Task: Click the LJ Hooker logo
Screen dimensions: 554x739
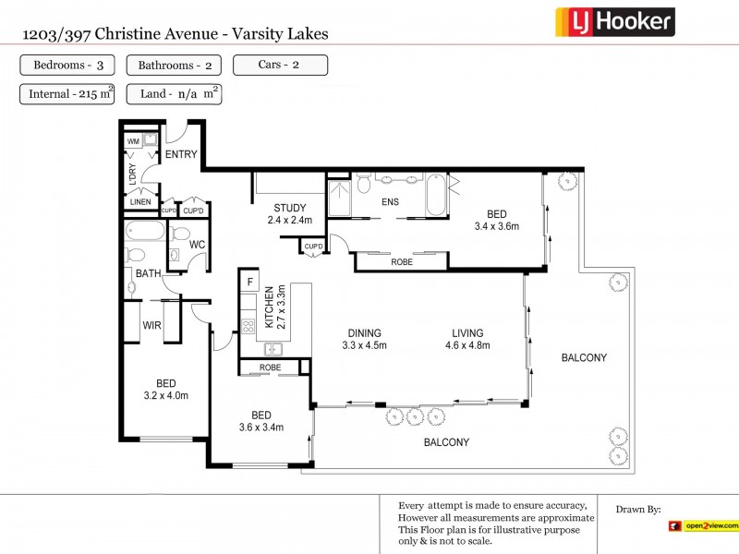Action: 614,21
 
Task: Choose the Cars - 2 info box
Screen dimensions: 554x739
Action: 280,66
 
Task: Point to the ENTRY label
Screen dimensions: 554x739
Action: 181,154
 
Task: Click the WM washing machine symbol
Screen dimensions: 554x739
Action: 135,141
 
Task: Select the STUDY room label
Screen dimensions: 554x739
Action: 290,208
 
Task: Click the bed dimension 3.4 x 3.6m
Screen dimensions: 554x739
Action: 497,226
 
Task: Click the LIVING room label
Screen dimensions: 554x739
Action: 467,333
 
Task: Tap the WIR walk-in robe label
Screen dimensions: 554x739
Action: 152,325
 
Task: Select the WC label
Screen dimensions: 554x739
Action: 197,245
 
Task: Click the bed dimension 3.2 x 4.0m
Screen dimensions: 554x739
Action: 165,396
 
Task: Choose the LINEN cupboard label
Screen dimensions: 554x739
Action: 140,201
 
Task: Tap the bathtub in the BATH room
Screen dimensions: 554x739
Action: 143,231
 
